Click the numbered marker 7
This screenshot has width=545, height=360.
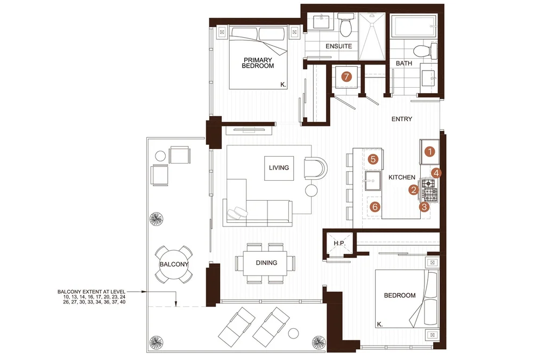click(346, 76)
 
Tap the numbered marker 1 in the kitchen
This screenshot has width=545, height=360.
click(430, 152)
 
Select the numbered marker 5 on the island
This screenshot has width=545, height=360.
click(373, 159)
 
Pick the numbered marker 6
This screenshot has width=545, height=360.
click(374, 207)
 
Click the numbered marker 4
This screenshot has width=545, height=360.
click(436, 173)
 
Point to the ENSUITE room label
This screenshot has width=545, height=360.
click(338, 46)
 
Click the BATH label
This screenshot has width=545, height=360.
click(404, 63)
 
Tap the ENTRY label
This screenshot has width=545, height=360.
click(402, 119)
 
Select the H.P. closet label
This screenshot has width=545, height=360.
click(339, 243)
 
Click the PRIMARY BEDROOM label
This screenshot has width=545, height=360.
click(258, 63)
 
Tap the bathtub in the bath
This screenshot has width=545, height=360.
click(414, 26)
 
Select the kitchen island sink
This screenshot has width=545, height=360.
click(372, 181)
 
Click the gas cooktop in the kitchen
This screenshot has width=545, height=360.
click(430, 190)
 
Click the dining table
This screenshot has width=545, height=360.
click(266, 263)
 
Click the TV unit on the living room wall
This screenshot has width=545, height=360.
click(249, 130)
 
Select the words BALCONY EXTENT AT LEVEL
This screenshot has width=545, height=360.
click(91, 292)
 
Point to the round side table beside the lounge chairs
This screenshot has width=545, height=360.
click(293, 333)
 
